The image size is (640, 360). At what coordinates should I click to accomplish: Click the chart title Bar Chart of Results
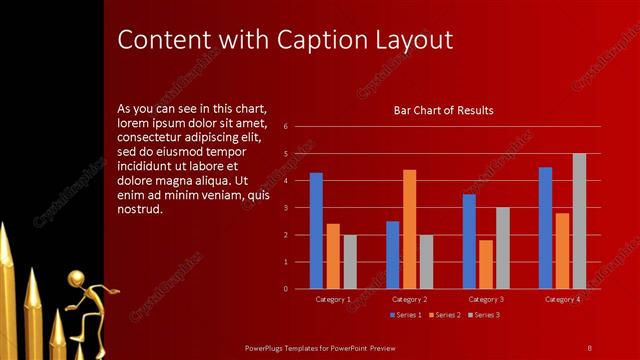443,110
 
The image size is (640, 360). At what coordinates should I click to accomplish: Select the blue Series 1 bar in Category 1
316,230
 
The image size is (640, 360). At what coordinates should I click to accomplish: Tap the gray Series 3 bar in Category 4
579,221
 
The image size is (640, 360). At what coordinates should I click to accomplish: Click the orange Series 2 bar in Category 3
485,264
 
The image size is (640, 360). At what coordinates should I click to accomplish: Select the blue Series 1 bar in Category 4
545,228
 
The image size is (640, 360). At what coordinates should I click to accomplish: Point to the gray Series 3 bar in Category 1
350,262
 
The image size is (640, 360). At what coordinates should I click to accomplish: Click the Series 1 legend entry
405,315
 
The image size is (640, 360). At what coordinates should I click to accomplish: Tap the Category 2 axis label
410,299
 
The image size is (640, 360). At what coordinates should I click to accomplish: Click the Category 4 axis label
562,299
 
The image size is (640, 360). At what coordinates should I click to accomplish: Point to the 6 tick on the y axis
286,127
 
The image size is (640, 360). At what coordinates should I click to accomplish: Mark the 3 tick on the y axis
286,208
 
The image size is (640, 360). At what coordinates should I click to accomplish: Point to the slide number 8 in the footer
590,347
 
